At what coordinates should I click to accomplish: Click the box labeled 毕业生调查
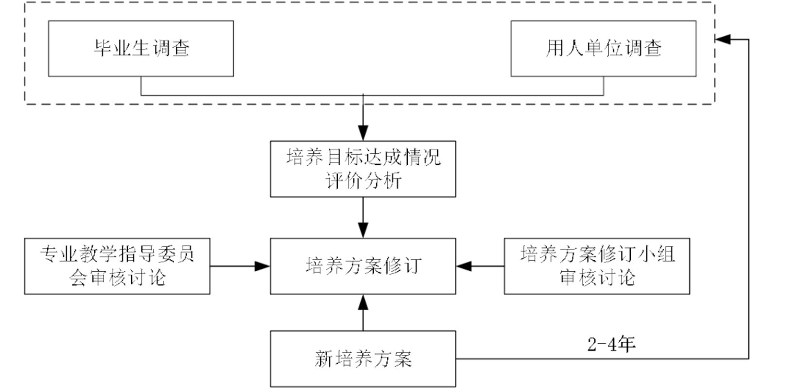pos(141,48)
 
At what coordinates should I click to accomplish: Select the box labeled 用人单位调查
pos(603,48)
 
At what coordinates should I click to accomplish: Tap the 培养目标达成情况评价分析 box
pos(363,169)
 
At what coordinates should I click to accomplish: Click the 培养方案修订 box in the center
pos(363,266)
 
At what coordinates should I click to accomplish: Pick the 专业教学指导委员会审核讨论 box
pos(117,266)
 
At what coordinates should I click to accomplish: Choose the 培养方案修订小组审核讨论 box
pos(597,266)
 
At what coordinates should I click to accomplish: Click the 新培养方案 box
pos(363,359)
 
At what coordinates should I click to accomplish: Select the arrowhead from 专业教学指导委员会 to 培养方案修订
pos(262,266)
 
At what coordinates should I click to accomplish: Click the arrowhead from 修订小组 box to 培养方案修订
pos(464,266)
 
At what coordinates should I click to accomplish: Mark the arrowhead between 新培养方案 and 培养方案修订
pos(363,302)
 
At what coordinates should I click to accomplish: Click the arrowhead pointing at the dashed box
pos(723,39)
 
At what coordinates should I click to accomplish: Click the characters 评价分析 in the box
pos(363,181)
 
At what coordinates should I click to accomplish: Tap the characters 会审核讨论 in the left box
pos(117,278)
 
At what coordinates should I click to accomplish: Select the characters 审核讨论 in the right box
pos(597,278)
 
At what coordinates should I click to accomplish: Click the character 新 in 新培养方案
pos(323,359)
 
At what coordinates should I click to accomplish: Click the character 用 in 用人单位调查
pos(554,48)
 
